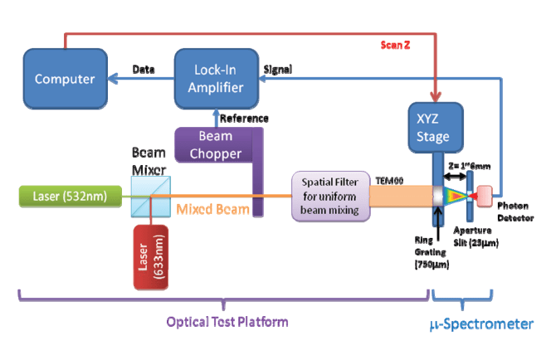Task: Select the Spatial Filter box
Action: [x=329, y=197]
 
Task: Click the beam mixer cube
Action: [x=149, y=197]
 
